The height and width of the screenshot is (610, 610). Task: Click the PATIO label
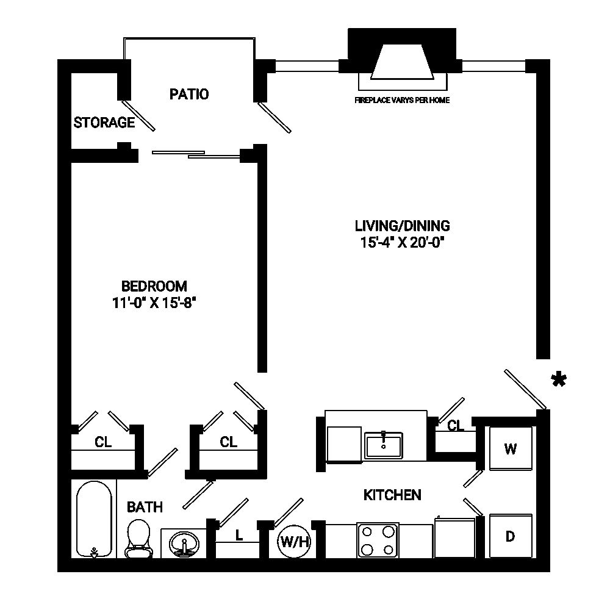click(188, 94)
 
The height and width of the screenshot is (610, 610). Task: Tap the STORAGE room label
click(104, 123)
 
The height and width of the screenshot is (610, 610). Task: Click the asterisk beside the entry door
click(557, 381)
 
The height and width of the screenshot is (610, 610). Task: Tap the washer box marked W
click(511, 449)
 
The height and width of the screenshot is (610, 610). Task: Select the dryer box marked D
click(511, 537)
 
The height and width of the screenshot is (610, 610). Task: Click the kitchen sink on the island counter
click(383, 445)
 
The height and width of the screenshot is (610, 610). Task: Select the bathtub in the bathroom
click(95, 518)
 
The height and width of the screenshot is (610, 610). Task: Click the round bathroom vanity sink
click(182, 542)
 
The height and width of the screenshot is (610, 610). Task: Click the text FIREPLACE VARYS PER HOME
click(402, 100)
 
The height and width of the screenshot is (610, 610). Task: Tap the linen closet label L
click(239, 536)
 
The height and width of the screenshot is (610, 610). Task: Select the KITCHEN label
click(392, 494)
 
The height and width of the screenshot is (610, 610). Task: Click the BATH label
click(145, 506)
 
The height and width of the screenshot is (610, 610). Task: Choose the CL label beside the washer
click(456, 426)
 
